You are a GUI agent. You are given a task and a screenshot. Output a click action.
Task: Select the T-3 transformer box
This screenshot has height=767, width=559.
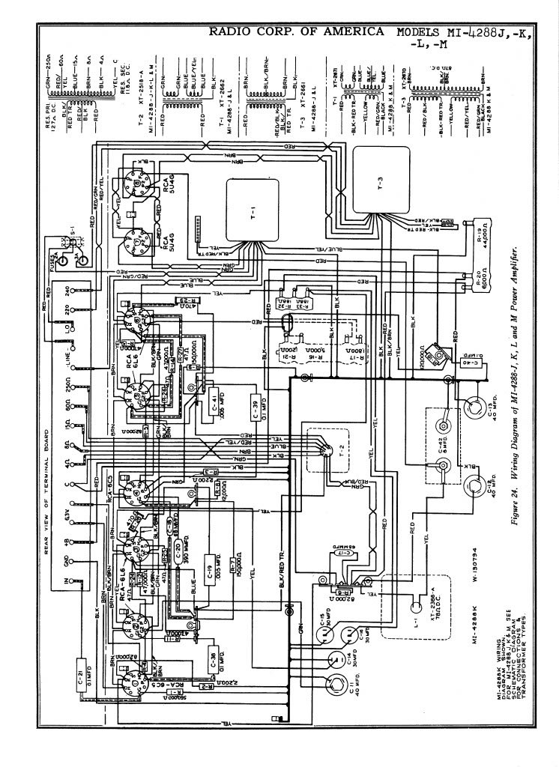pos(382,180)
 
